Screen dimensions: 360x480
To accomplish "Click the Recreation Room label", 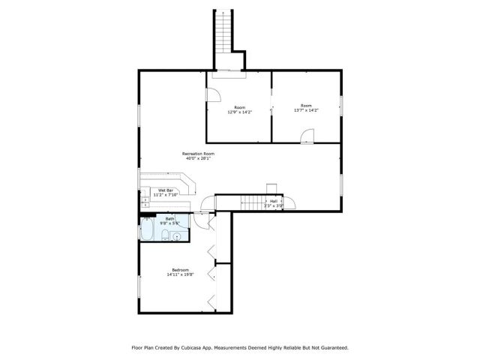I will [x=198, y=154].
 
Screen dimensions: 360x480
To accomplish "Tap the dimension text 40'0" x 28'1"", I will [x=198, y=158].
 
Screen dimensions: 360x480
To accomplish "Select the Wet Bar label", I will [x=166, y=190].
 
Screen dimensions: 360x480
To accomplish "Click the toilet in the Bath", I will [x=163, y=236].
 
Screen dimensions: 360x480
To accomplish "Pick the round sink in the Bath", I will [x=178, y=236].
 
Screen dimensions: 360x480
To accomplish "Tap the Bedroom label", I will [x=180, y=270].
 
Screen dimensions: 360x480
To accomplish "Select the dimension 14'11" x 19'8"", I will [x=180, y=274].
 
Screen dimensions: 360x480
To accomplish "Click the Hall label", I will [x=274, y=201].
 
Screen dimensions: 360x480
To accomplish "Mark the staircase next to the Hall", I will [x=254, y=202].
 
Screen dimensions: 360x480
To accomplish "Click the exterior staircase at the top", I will [x=223, y=37].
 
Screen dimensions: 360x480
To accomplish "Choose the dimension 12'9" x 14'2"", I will [x=239, y=111].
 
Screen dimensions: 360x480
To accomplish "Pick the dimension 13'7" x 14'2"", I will [x=306, y=111].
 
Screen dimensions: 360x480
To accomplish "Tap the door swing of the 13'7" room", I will [x=307, y=135].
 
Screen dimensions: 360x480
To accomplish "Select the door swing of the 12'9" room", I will [x=213, y=95].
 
